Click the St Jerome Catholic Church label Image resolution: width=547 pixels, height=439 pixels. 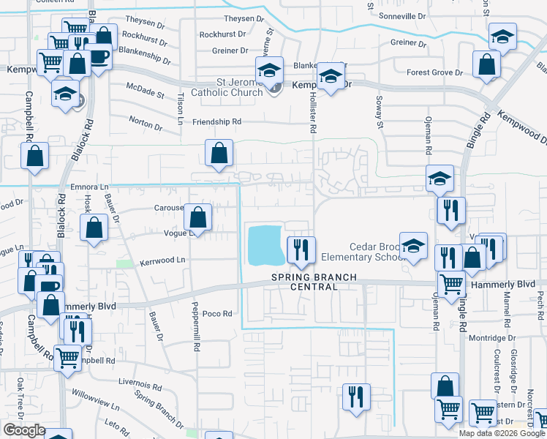pos(227,87)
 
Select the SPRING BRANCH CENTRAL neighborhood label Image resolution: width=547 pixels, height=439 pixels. pos(316,282)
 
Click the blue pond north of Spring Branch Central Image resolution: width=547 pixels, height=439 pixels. pos(266,245)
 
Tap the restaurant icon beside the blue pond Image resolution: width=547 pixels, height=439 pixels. pos(300,251)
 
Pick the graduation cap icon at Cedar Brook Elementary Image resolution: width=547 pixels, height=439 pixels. pos(413,247)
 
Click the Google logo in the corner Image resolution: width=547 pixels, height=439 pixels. pos(23,430)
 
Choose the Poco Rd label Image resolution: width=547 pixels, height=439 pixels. pos(218,313)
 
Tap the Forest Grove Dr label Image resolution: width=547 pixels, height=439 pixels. pos(435,72)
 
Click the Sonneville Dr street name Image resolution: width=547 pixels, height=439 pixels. pos(401,15)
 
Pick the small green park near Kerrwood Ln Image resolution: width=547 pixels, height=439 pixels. pos(125,263)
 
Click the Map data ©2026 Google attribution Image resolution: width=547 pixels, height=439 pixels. pos(502,433)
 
